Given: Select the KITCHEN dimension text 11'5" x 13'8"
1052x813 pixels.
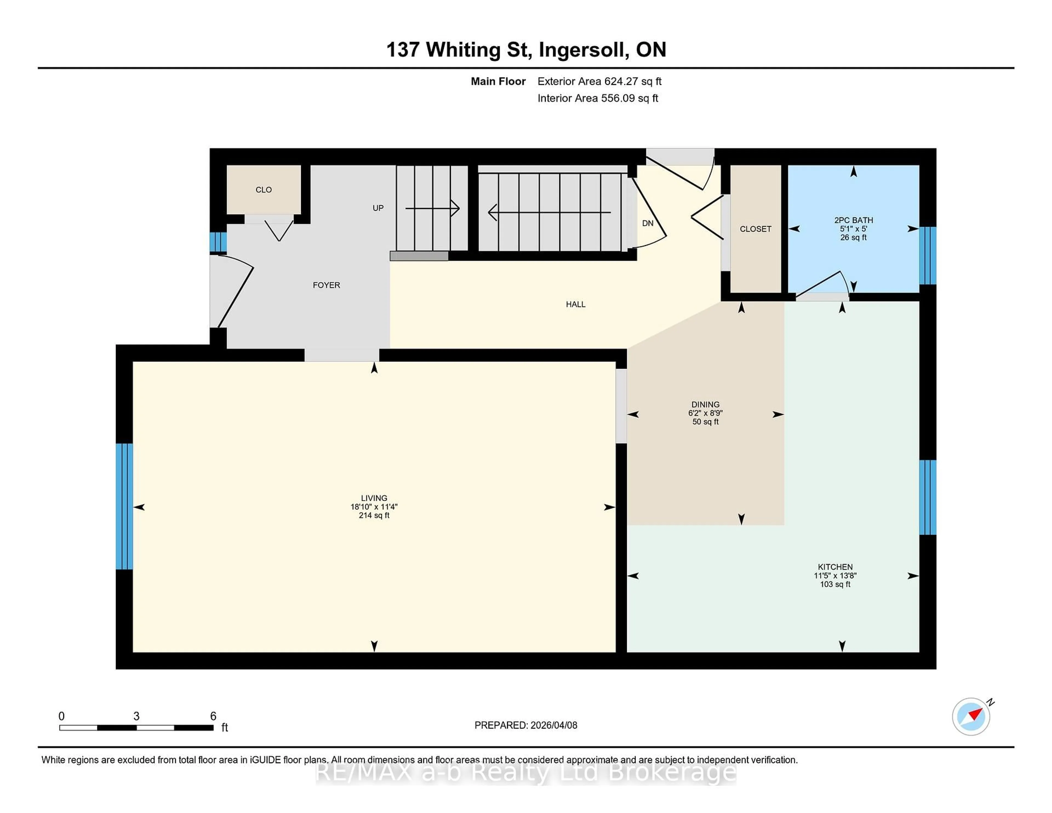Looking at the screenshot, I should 835,576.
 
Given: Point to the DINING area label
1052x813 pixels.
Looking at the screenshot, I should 705,405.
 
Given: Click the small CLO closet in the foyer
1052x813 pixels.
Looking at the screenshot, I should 264,190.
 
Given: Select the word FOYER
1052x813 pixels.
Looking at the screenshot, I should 326,285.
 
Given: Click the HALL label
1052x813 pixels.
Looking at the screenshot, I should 576,304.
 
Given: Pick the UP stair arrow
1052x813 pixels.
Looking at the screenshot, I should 432,208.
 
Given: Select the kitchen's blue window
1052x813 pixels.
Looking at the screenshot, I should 927,497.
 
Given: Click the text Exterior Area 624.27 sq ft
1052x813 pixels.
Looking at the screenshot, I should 599,81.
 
